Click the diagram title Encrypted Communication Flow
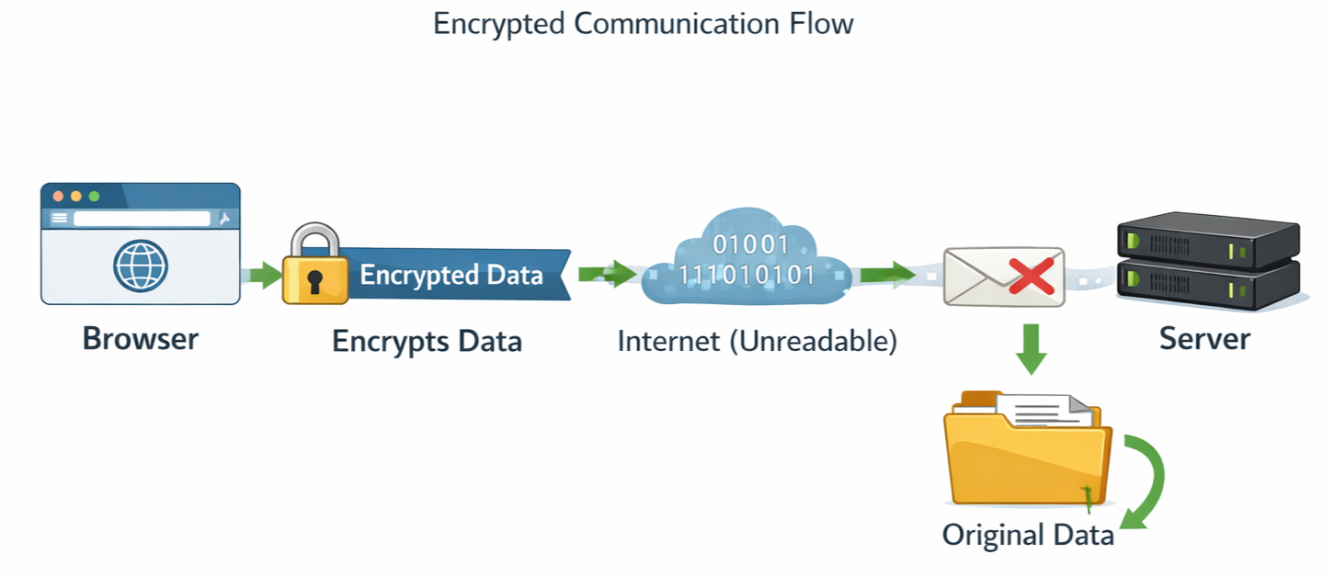pos(643,24)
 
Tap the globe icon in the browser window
pos(141,266)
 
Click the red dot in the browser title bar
pos(58,197)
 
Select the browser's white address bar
pos(142,219)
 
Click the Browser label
pos(140,339)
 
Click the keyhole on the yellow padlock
pos(314,280)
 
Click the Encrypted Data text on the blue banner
pos(450,275)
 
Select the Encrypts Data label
pos(427,342)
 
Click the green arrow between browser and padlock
pos(264,274)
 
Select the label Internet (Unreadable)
pos(757,342)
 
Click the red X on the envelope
pos(1031,275)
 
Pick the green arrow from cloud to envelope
pos(887,273)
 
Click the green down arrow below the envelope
pos(1032,348)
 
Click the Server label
pos(1203,339)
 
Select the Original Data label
pos(1028,535)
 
